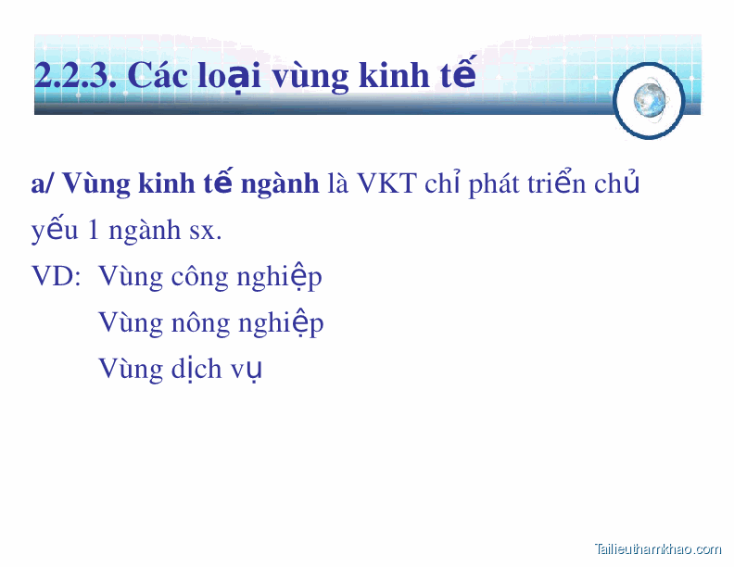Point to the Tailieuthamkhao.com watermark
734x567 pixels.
coord(657,548)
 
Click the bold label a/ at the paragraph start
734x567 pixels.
coord(43,184)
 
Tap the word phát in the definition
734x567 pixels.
coord(494,184)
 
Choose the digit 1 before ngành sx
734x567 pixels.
coord(94,230)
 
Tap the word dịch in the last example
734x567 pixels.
coord(196,369)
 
